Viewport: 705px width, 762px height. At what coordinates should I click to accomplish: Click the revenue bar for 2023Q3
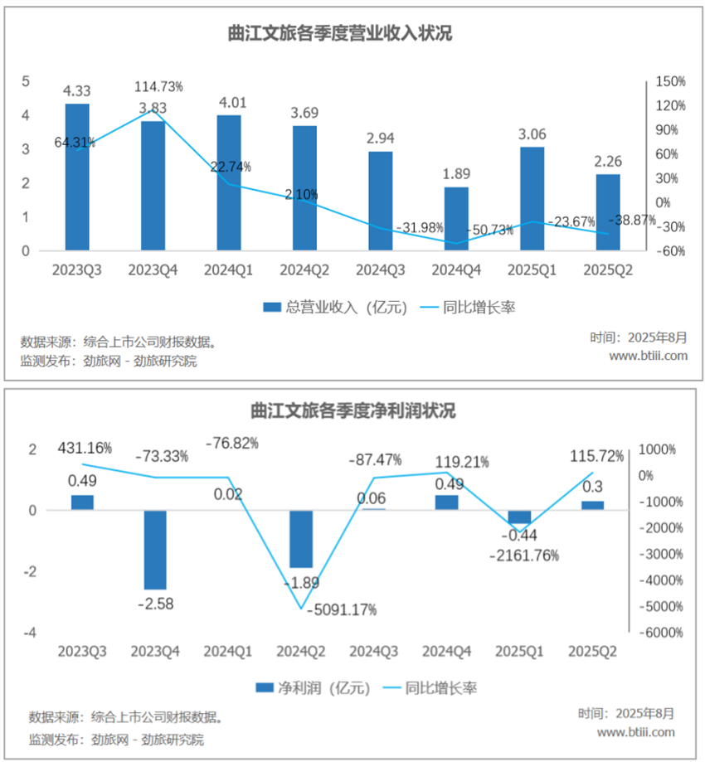click(77, 176)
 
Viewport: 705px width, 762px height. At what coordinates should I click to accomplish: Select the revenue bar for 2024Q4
click(455, 218)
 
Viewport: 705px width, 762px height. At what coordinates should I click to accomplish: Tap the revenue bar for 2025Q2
click(608, 211)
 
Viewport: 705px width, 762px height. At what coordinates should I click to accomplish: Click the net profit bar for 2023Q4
click(155, 550)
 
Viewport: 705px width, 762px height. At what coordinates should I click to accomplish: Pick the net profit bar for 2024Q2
click(300, 539)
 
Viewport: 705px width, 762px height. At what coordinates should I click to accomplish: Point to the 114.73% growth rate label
click(159, 86)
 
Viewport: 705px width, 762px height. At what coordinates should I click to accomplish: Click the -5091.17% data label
click(341, 609)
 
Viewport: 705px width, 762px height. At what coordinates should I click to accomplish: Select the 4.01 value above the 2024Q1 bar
click(229, 103)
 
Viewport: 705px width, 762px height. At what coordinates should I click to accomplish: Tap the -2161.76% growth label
click(525, 555)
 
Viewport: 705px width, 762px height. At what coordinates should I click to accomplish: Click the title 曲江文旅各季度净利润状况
click(352, 411)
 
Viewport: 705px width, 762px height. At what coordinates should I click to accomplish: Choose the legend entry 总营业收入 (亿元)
click(335, 307)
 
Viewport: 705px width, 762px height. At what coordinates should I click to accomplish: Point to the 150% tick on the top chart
click(669, 81)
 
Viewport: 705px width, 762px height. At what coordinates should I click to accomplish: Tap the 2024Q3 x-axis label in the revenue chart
click(380, 270)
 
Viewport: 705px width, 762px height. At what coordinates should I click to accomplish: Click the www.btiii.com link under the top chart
click(648, 356)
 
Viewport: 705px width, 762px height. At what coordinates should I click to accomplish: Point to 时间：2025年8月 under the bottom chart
click(626, 713)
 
